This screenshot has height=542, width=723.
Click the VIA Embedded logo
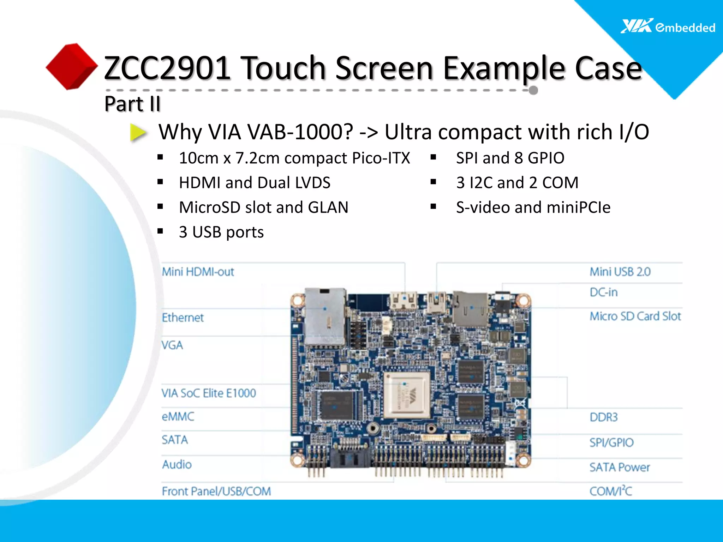pos(667,26)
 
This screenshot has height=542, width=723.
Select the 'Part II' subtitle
pos(132,104)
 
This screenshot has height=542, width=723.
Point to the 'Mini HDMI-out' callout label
pos(198,272)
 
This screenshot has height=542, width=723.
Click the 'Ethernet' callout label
pos(183,318)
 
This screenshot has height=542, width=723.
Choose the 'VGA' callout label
pos(172,345)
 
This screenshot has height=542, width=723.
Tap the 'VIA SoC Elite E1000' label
pos(209,393)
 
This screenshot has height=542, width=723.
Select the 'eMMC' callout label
pos(178,417)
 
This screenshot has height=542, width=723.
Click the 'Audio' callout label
pos(177,464)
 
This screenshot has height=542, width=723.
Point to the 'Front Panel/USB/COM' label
pos(216,491)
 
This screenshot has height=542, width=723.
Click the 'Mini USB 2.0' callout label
pos(620,272)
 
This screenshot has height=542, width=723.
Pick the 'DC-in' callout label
pos(604,292)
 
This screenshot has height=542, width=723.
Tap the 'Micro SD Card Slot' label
pos(635,316)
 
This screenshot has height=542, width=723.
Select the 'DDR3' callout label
pos(604,417)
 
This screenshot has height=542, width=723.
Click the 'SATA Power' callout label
pos(620,467)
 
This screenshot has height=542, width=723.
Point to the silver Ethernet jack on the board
pos(325,316)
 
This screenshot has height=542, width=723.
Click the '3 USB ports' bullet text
pos(221,232)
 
